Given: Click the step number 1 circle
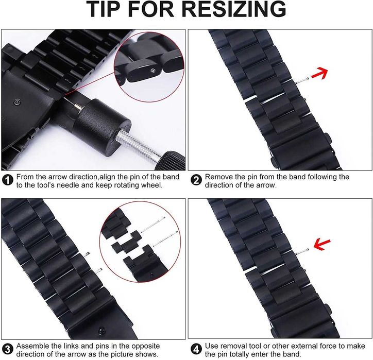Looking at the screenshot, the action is (8, 180).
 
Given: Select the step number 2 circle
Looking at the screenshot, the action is (196, 180).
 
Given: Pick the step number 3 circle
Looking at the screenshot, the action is (8, 349).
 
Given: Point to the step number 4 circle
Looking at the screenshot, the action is (196, 349).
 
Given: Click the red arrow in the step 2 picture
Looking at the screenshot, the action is (320, 73).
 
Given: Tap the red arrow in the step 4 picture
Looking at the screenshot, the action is (322, 245).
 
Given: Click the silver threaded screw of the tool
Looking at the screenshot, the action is (139, 145).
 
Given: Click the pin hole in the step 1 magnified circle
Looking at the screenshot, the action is (154, 70).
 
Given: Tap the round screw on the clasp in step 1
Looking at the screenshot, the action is (17, 102).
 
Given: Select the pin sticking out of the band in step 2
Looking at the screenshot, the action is (302, 80).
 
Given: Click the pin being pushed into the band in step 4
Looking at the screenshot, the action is (302, 251).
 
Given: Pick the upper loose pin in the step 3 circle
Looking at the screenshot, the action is (152, 225).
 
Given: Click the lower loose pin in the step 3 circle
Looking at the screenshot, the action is (165, 238).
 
